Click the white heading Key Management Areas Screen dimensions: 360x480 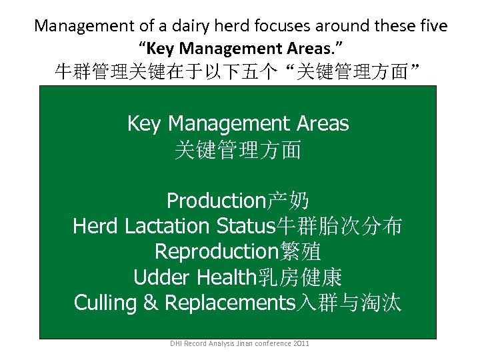238,123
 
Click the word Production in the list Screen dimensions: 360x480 217,201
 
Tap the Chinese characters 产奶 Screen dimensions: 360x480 288,201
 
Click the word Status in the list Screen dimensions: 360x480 246,227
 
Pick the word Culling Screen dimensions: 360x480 105,303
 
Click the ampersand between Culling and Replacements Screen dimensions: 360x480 151,303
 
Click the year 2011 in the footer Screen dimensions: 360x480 300,344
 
